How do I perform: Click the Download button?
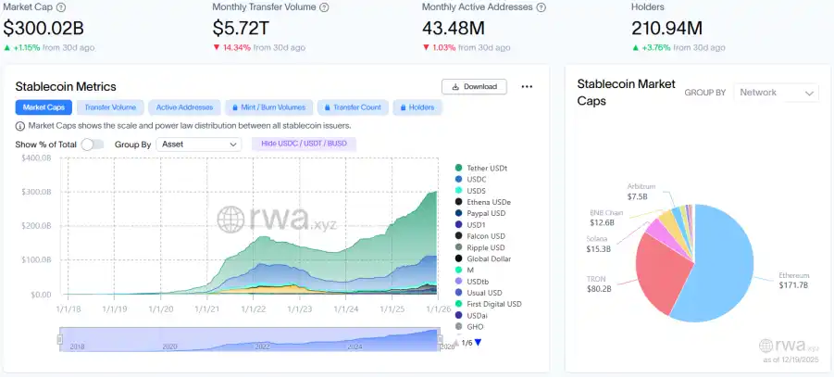pyautogui.click(x=474, y=86)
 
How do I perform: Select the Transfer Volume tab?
pyautogui.click(x=110, y=107)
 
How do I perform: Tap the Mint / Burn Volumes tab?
pyautogui.click(x=268, y=107)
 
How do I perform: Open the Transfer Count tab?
pyautogui.click(x=352, y=107)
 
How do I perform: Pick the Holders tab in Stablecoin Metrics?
pyautogui.click(x=417, y=107)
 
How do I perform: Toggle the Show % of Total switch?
pyautogui.click(x=93, y=145)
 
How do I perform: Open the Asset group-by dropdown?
pyautogui.click(x=198, y=145)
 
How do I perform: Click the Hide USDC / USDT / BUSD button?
pyautogui.click(x=303, y=144)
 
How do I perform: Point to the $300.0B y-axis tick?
pyautogui.click(x=35, y=192)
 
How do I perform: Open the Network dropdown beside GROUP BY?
pyautogui.click(x=777, y=93)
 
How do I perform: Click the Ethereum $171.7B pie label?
pyautogui.click(x=794, y=280)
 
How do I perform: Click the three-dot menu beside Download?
pyautogui.click(x=527, y=86)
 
